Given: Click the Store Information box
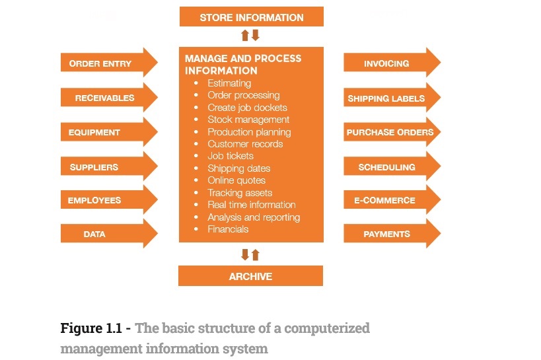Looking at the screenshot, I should tap(251, 17).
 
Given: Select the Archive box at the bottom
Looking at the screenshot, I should tap(250, 276).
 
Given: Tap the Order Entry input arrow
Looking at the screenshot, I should tap(106, 63).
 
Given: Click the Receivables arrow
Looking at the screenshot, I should tap(106, 98).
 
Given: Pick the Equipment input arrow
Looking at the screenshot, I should tap(106, 132).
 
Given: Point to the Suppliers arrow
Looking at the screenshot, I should tap(106, 167).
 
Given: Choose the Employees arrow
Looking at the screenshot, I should tap(106, 200).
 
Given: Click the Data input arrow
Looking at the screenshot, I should tap(106, 234).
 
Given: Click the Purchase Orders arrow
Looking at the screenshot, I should tap(390, 132).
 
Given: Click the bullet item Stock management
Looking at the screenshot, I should tap(248, 120).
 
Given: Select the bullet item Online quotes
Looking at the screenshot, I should tap(236, 180).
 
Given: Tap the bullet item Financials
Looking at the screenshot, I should tap(228, 229).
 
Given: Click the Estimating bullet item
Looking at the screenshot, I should tap(229, 83).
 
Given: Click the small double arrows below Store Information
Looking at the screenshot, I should tap(250, 36).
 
